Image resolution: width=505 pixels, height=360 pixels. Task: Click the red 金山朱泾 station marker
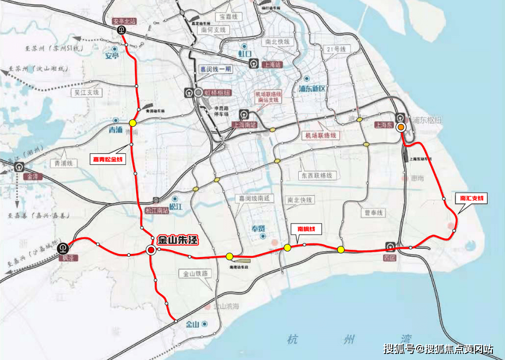click(x=151, y=251)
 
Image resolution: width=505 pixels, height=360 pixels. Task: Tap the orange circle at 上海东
click(x=401, y=127)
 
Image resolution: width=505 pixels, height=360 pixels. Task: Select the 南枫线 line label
click(x=306, y=229)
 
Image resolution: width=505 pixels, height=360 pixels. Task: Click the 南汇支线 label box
click(x=471, y=199)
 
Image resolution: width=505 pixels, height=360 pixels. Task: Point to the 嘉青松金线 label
click(x=108, y=159)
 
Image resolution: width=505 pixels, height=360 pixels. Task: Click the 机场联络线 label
click(x=321, y=135)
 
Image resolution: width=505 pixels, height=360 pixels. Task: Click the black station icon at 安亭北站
click(x=122, y=30)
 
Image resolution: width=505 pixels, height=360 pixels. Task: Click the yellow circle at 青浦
click(x=133, y=123)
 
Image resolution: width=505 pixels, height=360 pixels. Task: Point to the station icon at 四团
click(x=390, y=246)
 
